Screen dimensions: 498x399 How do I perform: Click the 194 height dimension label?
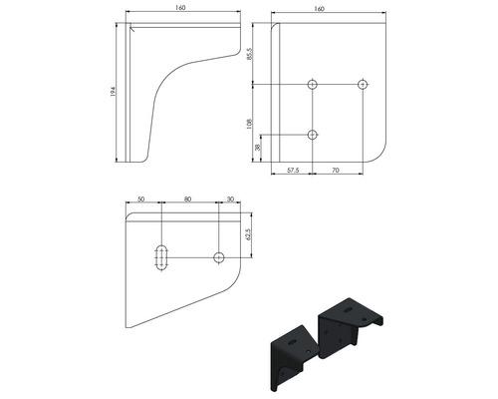click(x=113, y=91)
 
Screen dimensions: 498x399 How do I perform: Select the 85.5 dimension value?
click(x=250, y=54)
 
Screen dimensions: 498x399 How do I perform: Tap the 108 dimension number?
click(x=250, y=124)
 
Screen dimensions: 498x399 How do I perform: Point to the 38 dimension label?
click(x=258, y=148)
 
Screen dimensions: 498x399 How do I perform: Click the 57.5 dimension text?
click(x=293, y=171)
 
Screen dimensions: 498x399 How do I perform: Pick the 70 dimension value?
click(x=336, y=171)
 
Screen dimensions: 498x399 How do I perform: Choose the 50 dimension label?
click(x=141, y=199)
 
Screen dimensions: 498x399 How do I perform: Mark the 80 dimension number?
click(x=187, y=199)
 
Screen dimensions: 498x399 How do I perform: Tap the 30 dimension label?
click(x=230, y=199)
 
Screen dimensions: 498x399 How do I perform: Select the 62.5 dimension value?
click(x=247, y=233)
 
